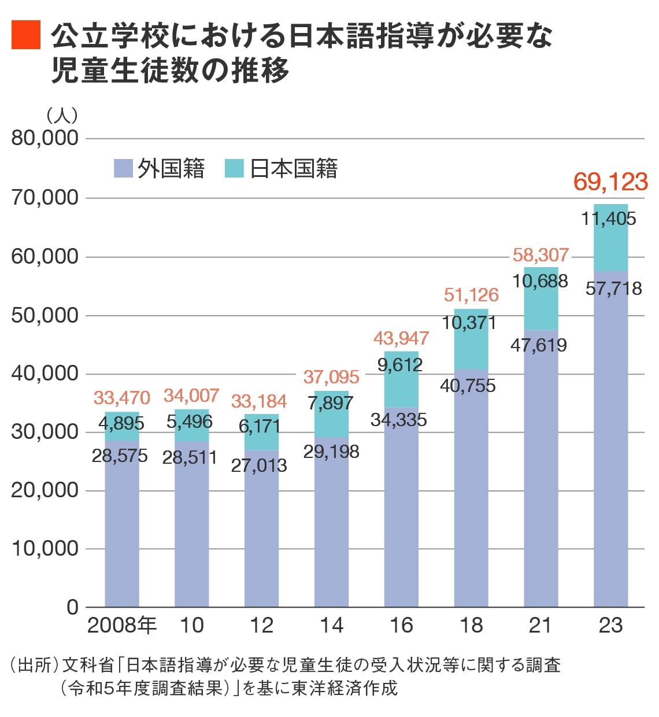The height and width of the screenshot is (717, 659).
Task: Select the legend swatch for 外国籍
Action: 124,168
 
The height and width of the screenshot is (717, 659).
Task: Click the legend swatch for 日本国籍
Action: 234,168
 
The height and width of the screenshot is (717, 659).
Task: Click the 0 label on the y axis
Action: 72,607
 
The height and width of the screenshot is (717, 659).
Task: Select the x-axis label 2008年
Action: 122,626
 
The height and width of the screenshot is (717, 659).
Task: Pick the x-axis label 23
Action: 610,626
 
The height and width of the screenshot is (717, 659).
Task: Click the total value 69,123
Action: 610,182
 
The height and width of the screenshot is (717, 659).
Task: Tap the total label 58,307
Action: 540,255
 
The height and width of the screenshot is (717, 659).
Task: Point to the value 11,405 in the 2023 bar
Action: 609,219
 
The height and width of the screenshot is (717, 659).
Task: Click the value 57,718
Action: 613,288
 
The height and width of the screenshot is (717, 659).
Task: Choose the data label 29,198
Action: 331,452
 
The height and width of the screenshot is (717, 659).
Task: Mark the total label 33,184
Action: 259,401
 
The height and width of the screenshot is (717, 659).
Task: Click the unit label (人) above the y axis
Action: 62,115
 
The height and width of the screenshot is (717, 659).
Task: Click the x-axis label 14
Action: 331,626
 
